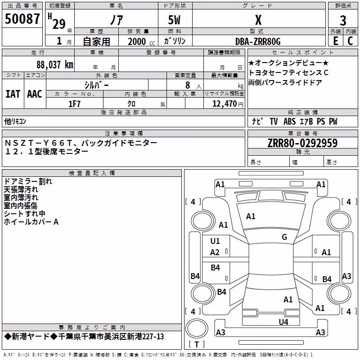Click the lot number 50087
click(22, 18)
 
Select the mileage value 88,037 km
click(55, 65)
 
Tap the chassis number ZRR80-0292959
click(302, 143)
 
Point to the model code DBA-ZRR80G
click(258, 41)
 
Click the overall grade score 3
click(343, 21)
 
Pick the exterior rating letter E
click(336, 41)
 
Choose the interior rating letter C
click(350, 41)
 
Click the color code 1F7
click(74, 104)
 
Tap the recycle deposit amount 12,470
click(224, 104)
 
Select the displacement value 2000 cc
click(141, 42)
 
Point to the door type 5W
click(174, 20)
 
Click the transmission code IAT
click(13, 94)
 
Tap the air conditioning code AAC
click(35, 94)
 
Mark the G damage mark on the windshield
click(284, 237)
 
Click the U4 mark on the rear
click(283, 322)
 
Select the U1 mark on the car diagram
click(215, 241)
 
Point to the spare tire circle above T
click(197, 328)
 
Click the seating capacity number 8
click(188, 85)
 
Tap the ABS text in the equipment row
click(289, 121)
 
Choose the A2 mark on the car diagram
click(215, 252)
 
